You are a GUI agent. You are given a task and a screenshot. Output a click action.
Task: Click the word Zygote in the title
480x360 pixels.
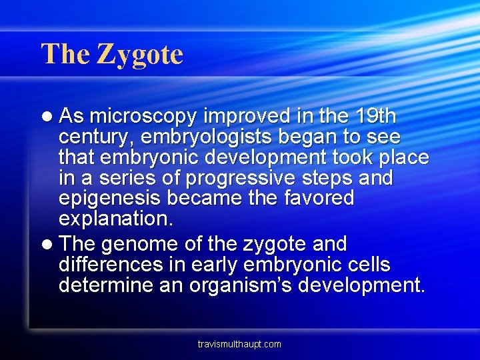pos(140,55)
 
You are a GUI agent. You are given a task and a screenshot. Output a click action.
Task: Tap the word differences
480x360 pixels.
pos(110,265)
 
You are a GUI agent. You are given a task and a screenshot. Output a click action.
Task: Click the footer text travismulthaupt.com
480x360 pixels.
pos(239,344)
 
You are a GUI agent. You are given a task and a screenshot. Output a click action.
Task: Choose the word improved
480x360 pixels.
pos(238,117)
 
